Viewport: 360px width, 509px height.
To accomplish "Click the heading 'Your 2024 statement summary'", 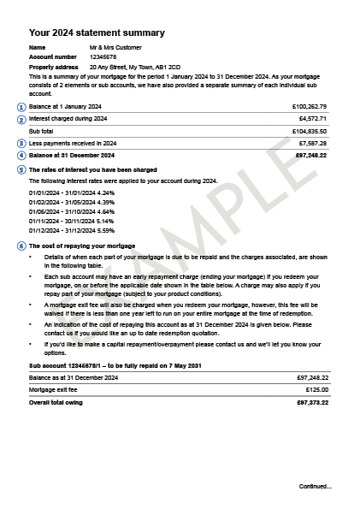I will point(97,33).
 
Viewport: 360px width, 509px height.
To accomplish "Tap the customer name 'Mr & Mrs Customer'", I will point(115,47).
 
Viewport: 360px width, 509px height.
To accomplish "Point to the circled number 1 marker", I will point(21,107).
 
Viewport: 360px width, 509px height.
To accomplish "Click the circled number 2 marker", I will point(21,119).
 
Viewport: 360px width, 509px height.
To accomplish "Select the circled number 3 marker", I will point(21,144).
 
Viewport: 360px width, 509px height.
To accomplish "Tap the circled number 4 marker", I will point(21,156).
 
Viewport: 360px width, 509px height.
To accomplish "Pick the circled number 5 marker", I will point(21,169).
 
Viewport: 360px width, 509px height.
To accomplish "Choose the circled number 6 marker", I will point(21,246).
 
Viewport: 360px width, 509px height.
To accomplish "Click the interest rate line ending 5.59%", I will point(72,230).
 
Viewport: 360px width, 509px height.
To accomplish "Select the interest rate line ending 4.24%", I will point(72,193).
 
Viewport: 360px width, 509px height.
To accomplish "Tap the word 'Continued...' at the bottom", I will point(315,486).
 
